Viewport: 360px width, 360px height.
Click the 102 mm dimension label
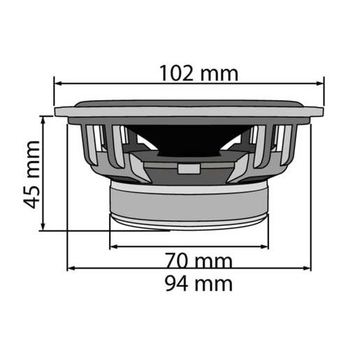click(198, 73)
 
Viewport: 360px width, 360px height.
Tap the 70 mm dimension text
click(199, 261)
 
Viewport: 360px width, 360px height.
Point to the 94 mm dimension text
click(199, 283)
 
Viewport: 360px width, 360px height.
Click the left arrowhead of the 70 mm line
click(114, 246)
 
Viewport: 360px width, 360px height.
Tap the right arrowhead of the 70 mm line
click(265, 246)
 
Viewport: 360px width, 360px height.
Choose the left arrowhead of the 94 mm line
click(71, 268)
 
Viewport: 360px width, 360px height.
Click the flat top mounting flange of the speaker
click(189, 110)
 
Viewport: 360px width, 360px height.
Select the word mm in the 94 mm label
click(215, 283)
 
